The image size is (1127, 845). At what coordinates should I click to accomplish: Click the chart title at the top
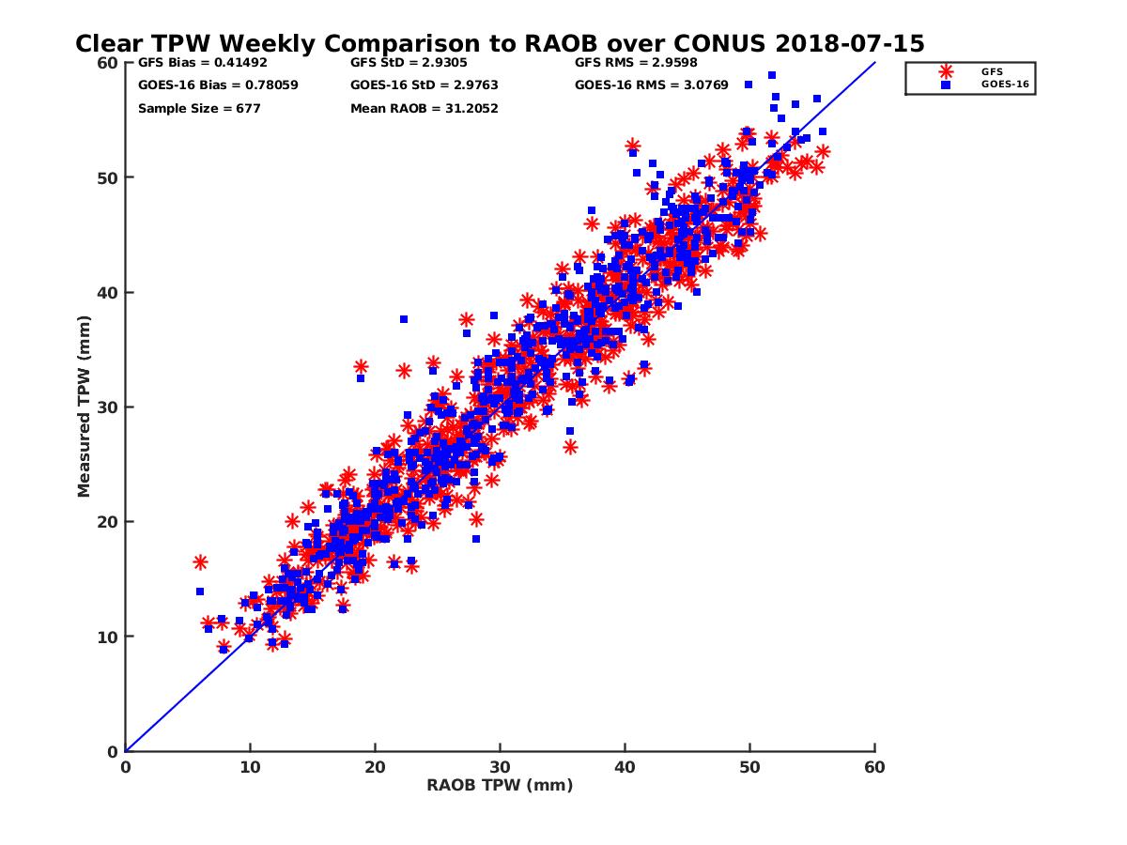point(500,43)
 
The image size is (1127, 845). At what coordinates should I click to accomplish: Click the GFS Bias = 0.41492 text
point(195,63)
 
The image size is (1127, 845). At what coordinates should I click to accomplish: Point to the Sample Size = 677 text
point(199,108)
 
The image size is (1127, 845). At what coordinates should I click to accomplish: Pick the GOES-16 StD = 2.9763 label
point(417,84)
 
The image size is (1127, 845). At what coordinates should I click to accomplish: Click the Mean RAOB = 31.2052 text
point(424,108)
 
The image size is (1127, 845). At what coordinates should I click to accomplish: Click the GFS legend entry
point(992,71)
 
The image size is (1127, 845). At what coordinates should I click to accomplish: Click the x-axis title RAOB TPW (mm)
point(500,785)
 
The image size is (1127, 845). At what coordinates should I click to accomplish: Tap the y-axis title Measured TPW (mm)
point(84,406)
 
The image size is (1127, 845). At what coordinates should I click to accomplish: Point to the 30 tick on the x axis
point(500,767)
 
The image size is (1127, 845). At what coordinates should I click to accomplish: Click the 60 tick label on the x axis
point(874,767)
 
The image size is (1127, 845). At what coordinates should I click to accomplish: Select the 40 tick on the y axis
point(107,292)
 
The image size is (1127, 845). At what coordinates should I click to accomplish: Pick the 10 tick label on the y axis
point(107,637)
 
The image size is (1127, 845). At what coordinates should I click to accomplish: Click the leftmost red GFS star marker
point(200,561)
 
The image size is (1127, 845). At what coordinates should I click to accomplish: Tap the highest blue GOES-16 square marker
point(771,75)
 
